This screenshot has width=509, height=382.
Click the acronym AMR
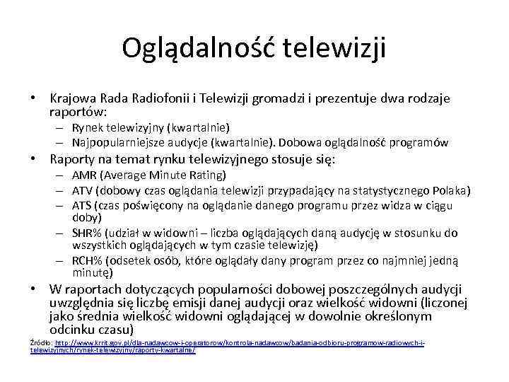(x=85, y=175)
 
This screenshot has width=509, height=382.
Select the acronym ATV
(x=84, y=190)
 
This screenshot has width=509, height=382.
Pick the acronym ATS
(x=84, y=205)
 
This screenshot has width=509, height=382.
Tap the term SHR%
(x=88, y=233)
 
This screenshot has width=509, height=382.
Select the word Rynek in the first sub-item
(x=87, y=128)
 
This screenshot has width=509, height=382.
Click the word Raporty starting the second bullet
(x=73, y=159)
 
